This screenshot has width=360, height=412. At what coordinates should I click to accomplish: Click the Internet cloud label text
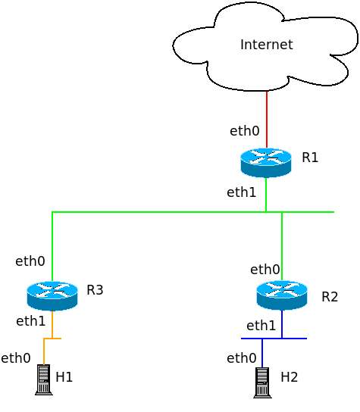[266, 45]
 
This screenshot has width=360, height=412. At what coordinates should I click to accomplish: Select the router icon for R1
[266, 162]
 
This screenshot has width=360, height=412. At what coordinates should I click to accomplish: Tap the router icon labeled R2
[282, 295]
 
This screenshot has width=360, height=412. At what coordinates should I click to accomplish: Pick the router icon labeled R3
[52, 295]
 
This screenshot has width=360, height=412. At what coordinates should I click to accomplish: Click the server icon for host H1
[44, 379]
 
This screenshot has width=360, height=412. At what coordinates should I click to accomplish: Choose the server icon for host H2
[262, 382]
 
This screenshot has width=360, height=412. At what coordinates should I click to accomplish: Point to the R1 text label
[309, 158]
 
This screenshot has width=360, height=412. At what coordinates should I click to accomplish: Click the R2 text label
[330, 296]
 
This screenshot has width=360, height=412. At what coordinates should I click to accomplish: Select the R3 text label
[95, 290]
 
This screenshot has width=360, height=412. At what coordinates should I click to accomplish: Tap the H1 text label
[64, 376]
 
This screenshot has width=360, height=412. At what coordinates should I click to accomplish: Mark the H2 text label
[290, 376]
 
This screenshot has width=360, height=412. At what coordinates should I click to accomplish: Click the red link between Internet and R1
[266, 120]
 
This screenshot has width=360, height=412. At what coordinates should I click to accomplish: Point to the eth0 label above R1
[245, 131]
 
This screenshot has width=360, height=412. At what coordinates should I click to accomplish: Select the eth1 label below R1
[242, 192]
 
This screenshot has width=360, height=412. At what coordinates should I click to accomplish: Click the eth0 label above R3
[30, 261]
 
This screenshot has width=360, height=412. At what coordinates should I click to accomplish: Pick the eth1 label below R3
[31, 321]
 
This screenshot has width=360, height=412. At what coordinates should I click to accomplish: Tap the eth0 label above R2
[265, 269]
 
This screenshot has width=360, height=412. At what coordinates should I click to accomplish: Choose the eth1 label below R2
[261, 326]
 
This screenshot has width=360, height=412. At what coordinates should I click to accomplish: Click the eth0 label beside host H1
[16, 358]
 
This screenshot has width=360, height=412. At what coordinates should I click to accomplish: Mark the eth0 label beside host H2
[242, 358]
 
